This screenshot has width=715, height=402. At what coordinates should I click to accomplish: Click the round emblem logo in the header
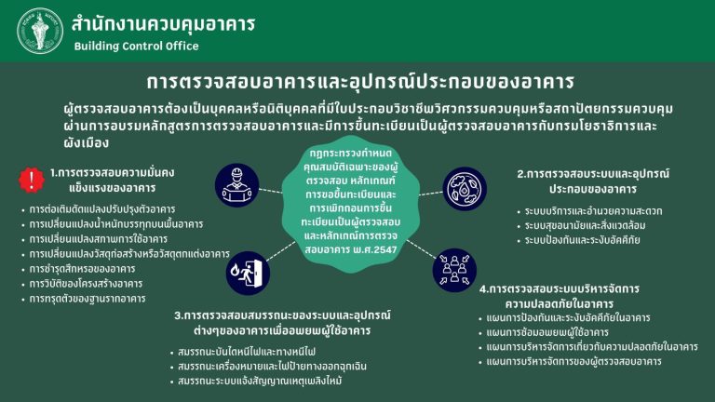pyautogui.click(x=40, y=31)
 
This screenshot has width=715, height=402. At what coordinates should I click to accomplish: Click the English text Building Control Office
pyautogui.click(x=136, y=46)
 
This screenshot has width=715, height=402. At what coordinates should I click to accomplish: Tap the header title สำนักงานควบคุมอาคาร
pyautogui.click(x=163, y=23)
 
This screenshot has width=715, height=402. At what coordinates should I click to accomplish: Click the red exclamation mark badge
pyautogui.click(x=32, y=180)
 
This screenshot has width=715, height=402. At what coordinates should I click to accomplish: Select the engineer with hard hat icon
pyautogui.click(x=236, y=185)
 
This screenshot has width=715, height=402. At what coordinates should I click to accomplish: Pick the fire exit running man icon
pyautogui.click(x=248, y=273)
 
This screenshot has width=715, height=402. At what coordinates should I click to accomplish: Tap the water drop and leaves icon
pyautogui.click(x=465, y=188)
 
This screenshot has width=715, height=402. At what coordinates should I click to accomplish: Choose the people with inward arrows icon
pyautogui.click(x=454, y=270)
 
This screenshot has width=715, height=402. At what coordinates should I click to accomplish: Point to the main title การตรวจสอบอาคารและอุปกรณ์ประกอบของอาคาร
pyautogui.click(x=360, y=82)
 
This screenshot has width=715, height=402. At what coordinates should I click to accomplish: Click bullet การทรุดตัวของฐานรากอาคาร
pyautogui.click(x=88, y=299)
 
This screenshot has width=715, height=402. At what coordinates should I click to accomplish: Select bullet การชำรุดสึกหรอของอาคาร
pyautogui.click(x=82, y=269)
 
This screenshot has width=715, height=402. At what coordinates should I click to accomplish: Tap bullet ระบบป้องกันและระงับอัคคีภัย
pyautogui.click(x=582, y=240)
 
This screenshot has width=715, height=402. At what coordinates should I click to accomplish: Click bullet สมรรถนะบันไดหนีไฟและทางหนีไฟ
pyautogui.click(x=247, y=352)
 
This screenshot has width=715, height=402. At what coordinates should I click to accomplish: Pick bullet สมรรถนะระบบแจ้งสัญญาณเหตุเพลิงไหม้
pyautogui.click(x=260, y=381)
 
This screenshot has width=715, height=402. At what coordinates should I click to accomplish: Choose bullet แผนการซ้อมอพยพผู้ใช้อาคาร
pyautogui.click(x=547, y=332)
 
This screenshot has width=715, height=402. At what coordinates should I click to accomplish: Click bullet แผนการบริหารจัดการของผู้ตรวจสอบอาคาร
pyautogui.click(x=573, y=361)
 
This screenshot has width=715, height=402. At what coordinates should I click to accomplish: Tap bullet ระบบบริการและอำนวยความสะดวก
pyautogui.click(x=593, y=211)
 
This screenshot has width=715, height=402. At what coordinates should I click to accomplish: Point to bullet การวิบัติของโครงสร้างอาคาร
pyautogui.click(x=86, y=284)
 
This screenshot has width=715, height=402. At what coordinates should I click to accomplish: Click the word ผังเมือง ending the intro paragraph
pyautogui.click(x=87, y=143)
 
